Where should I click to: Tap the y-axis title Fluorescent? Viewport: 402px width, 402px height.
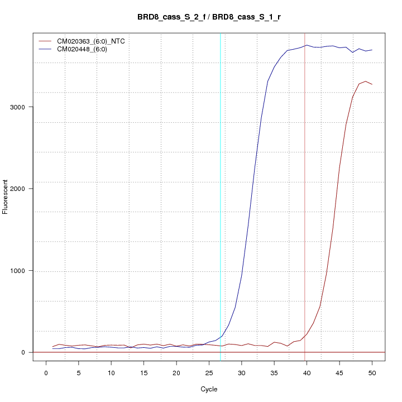click(6, 197)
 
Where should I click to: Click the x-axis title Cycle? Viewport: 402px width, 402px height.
click(209, 389)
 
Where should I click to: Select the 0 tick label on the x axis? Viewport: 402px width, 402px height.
click(46, 372)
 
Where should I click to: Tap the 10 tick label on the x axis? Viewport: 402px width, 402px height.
click(111, 372)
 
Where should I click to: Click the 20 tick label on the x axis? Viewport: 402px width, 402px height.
click(176, 372)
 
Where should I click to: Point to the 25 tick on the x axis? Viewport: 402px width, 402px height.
click(209, 372)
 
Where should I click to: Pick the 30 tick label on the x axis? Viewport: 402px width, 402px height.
click(241, 372)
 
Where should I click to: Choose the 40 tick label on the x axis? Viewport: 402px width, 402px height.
click(307, 372)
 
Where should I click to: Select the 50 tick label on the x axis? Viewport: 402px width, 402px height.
click(372, 372)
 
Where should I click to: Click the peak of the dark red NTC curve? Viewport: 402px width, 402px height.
click(365, 82)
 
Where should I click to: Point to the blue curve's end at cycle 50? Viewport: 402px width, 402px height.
click(372, 50)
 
